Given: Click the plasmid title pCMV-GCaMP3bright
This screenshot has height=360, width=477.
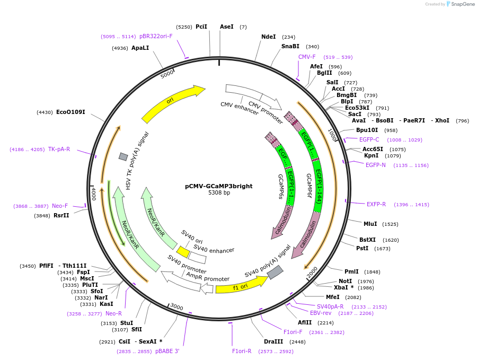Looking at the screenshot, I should pos(218,186).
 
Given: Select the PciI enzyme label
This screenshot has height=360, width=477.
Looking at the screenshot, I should pos(201,27).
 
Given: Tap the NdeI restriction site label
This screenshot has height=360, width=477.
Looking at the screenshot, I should pos(269,37).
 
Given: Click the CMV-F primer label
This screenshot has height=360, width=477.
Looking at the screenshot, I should pos(307,57).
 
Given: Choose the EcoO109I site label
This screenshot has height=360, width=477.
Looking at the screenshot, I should pos(70,112).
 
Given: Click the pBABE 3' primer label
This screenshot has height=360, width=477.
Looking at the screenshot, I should pos(167,351).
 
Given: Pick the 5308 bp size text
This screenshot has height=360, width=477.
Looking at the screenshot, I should pos(219,193).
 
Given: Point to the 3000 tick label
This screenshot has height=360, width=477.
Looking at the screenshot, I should pos(176,308).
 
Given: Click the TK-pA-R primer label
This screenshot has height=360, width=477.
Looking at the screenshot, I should pos(59,149).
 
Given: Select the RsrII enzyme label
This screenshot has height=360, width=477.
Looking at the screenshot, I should pos(61,215).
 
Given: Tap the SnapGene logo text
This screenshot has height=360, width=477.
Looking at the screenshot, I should pos(463,4).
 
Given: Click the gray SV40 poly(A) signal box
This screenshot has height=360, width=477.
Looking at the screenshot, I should pos(275,273).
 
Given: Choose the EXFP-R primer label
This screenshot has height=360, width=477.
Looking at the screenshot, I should pos(376,204).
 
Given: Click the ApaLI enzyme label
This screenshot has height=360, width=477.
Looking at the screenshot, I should pos(140,48).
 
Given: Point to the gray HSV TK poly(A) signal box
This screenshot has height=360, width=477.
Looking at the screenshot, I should pos(123,156).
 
